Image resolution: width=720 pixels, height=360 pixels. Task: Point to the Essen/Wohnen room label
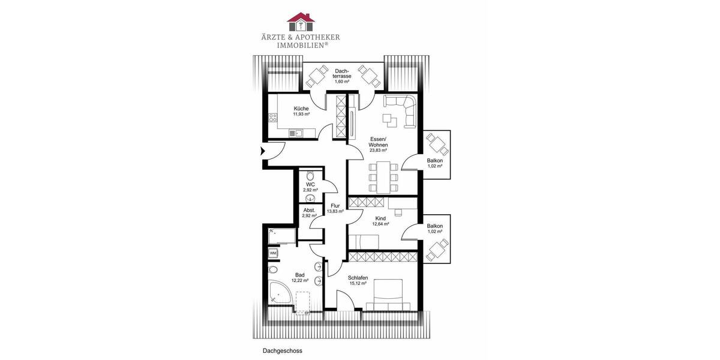[x=379, y=142]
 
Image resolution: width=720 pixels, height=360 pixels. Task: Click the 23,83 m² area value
[x=379, y=151]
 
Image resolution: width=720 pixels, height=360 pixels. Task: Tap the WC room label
[x=310, y=184]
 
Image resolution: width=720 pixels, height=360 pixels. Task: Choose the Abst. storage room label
[x=310, y=210]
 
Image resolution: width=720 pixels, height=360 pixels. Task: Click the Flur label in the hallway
[x=335, y=206]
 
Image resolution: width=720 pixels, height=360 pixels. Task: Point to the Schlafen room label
[x=358, y=278]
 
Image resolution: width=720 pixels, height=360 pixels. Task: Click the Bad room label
[x=300, y=274]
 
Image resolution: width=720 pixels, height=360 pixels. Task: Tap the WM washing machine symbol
[x=273, y=253]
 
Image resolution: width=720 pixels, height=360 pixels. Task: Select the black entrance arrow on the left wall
[x=262, y=151]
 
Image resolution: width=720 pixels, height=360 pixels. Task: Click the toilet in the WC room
[x=310, y=176]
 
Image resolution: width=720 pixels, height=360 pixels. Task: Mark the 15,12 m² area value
[x=358, y=284]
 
